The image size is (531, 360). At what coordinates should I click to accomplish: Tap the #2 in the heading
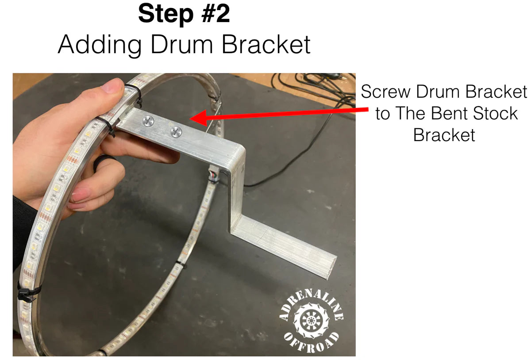coord(215,14)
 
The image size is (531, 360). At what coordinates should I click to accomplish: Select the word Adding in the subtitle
coord(100,44)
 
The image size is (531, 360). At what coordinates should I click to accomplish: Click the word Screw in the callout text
coord(385,91)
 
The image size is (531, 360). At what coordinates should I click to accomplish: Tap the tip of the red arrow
coord(190,117)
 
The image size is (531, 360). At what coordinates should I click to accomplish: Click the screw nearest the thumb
coord(148,121)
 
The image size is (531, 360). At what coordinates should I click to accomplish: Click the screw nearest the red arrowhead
coord(176,132)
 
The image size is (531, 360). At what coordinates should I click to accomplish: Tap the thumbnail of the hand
coord(110,87)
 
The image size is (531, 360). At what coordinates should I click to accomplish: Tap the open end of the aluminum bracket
coord(332,268)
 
